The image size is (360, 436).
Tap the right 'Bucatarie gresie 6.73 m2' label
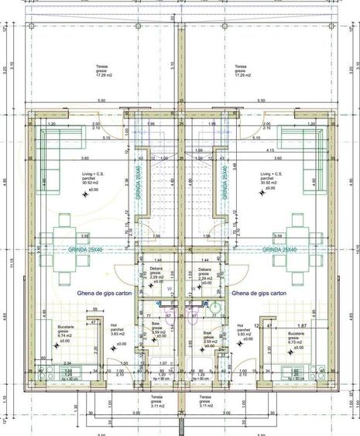point(295,339)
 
